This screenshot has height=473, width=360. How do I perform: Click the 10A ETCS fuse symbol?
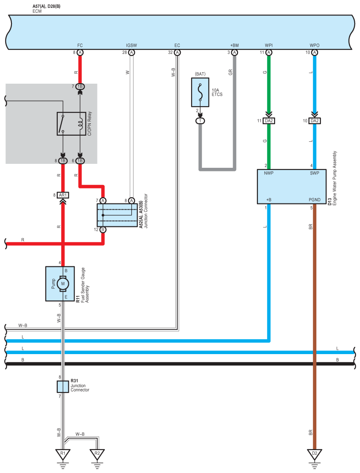coord(200,92)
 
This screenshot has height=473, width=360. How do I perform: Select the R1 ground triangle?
coord(63,454)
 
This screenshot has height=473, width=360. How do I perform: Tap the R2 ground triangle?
coord(97,454)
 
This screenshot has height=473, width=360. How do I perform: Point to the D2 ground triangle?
coord(315,454)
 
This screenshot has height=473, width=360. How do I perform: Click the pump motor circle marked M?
coord(63,284)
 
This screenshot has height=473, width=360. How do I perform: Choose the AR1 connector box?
coord(63,195)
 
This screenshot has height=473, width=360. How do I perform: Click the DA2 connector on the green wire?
coord(269,121)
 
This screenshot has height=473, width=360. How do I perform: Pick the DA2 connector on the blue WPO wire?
coord(315,121)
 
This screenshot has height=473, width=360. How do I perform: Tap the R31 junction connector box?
coord(63,387)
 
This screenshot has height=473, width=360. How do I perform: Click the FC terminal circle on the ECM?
coord(80,52)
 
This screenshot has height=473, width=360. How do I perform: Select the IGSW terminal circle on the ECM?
coord(131,52)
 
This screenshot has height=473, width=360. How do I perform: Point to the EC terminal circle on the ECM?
coord(177,52)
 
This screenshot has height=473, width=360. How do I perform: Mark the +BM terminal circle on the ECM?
coord(234,52)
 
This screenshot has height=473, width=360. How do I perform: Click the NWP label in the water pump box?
coord(268,173)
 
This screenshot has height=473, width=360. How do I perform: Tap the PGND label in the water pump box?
coord(315,200)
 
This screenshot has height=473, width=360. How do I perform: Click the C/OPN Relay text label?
coord(89,123)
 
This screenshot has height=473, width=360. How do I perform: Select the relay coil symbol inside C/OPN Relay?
coord(80,124)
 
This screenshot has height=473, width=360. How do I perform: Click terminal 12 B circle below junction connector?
coord(103,229)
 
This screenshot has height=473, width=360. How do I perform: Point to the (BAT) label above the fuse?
coord(200,74)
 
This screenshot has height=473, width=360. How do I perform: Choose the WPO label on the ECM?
coord(315,45)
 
